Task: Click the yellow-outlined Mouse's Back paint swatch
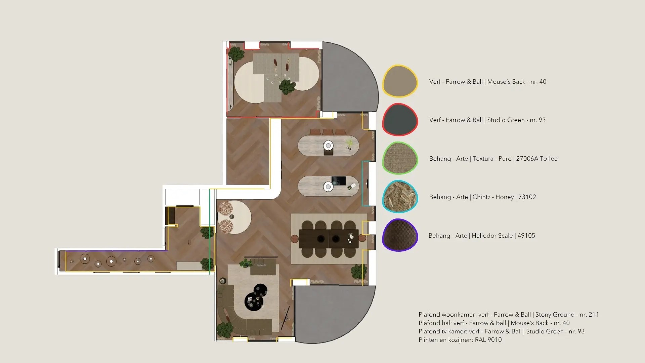tap(400, 81)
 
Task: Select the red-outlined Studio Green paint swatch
tap(400, 120)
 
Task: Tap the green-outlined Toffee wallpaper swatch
tap(400, 158)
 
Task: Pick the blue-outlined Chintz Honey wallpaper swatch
tap(400, 197)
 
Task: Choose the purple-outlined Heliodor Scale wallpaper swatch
tap(400, 235)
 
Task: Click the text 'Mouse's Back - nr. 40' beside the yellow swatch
tap(517, 82)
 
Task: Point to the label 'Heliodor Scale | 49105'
tap(503, 236)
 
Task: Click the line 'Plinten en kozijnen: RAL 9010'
tap(460, 340)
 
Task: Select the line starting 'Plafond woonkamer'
tap(509, 315)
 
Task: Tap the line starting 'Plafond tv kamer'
tap(502, 331)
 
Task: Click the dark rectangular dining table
tap(329, 239)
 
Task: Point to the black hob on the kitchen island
tap(339, 181)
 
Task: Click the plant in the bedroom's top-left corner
tap(236, 54)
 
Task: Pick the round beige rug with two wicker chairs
tap(235, 217)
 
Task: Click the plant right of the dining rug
tap(359, 271)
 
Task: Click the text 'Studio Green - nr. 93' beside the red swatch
tap(516, 120)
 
